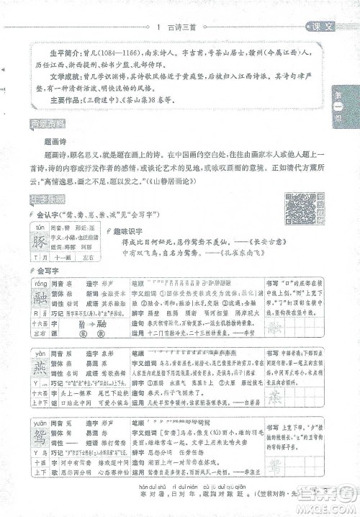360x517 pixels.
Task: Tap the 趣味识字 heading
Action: click(127, 231)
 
